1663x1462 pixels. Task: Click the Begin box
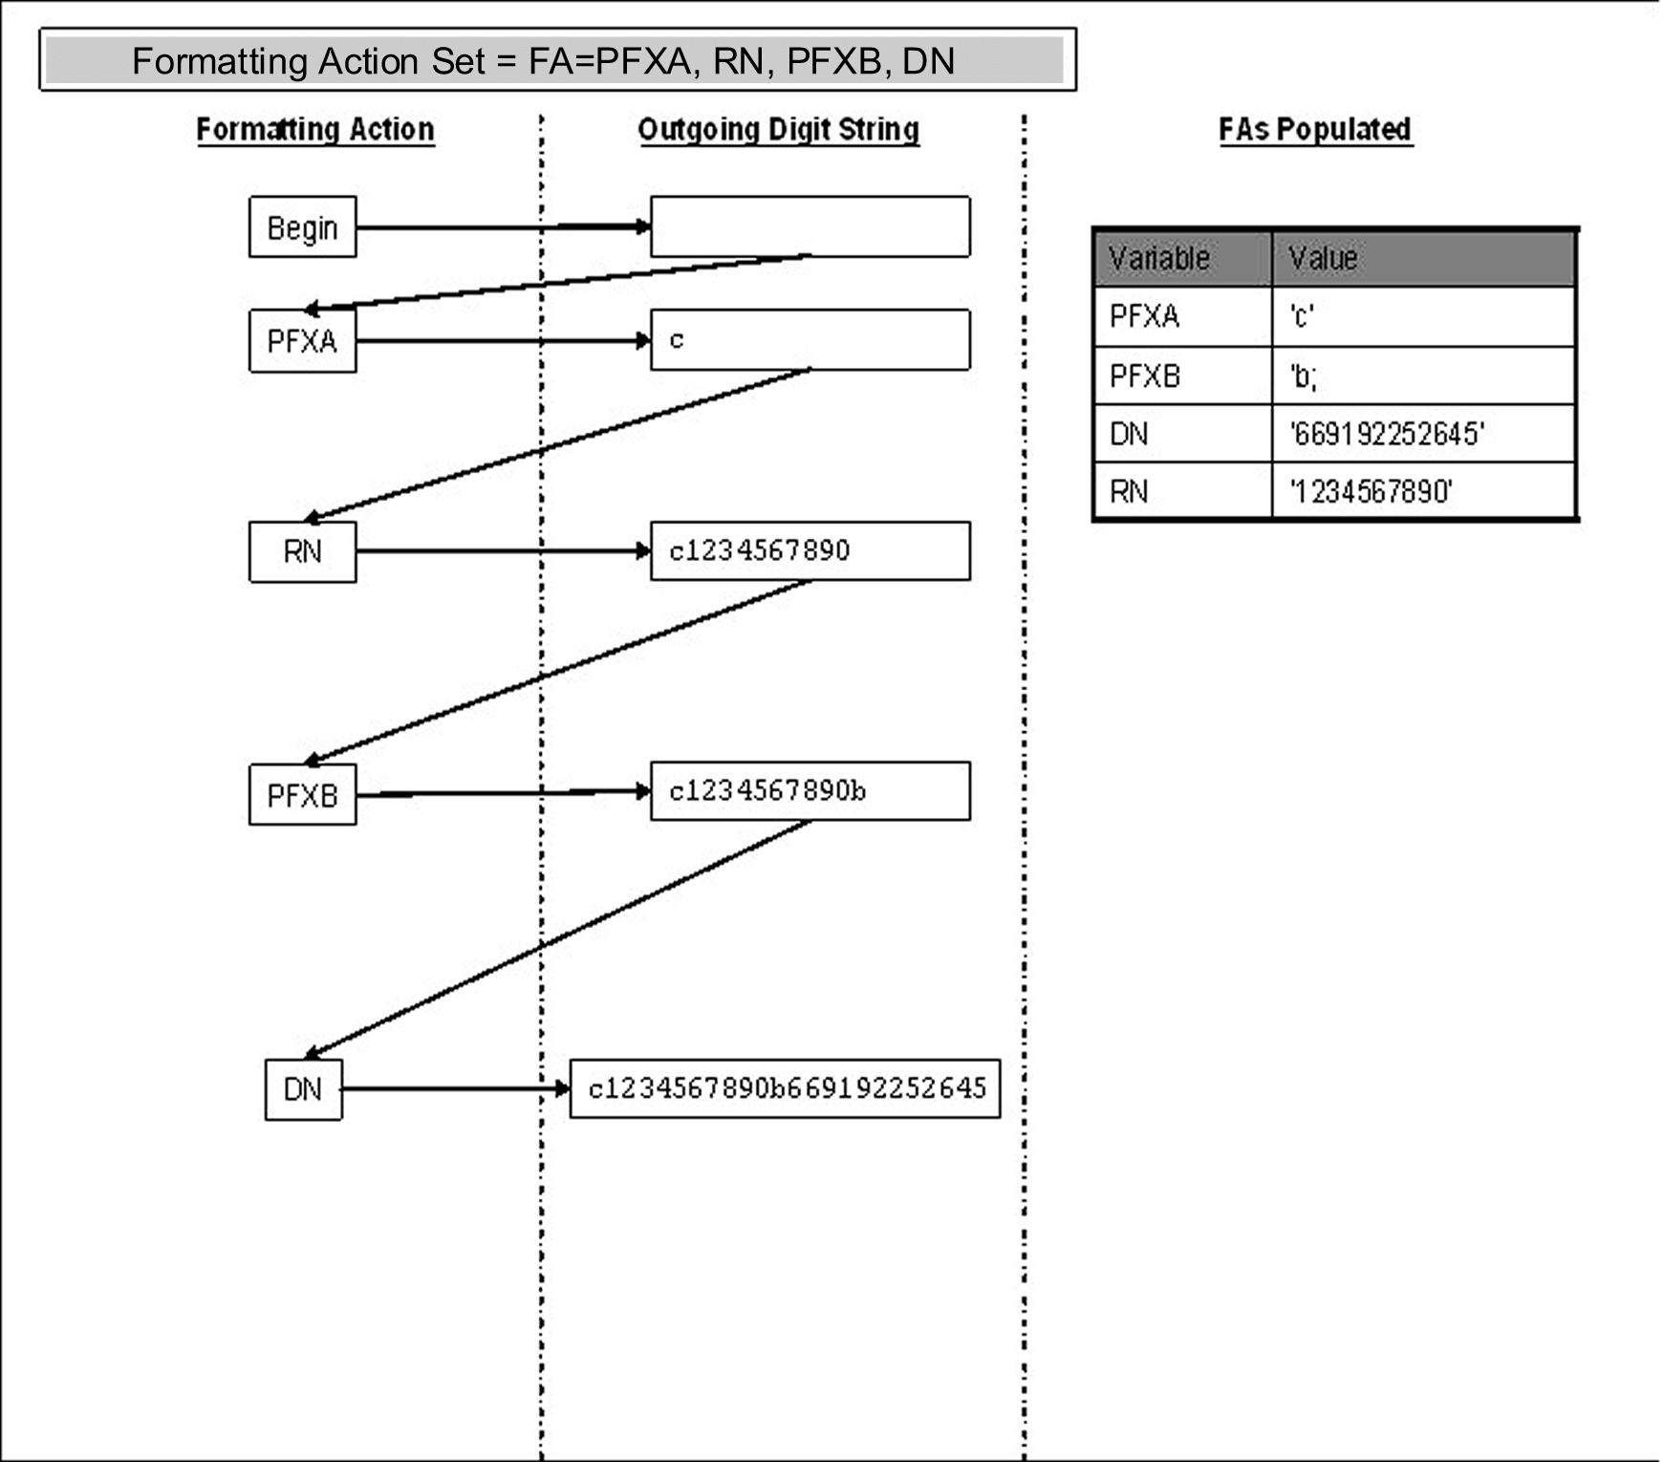pyautogui.click(x=302, y=227)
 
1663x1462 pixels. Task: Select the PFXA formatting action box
pyautogui.click(x=302, y=341)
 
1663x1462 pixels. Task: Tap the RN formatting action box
pyautogui.click(x=302, y=551)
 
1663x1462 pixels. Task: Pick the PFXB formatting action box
pyautogui.click(x=302, y=794)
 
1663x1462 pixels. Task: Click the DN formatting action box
pyautogui.click(x=303, y=1089)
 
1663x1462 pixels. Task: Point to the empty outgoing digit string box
pyautogui.click(x=810, y=227)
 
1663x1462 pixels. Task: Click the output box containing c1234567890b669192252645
pyautogui.click(x=785, y=1088)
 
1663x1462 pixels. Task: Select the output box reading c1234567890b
pyautogui.click(x=810, y=791)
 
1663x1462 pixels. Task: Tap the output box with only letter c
pyautogui.click(x=810, y=340)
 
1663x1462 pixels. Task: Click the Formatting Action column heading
pyautogui.click(x=315, y=129)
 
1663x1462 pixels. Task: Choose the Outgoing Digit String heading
pyautogui.click(x=778, y=129)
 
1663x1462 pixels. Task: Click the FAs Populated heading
pyautogui.click(x=1315, y=129)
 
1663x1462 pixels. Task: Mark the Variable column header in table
pyautogui.click(x=1182, y=258)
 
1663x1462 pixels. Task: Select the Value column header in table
pyautogui.click(x=1422, y=258)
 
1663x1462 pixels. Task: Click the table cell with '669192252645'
pyautogui.click(x=1422, y=434)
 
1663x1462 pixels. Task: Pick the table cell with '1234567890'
pyautogui.click(x=1422, y=492)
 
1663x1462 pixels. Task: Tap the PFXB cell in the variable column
pyautogui.click(x=1182, y=376)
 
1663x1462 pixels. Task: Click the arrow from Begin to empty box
pyautogui.click(x=503, y=227)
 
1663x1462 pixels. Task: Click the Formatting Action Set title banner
pyautogui.click(x=556, y=60)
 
